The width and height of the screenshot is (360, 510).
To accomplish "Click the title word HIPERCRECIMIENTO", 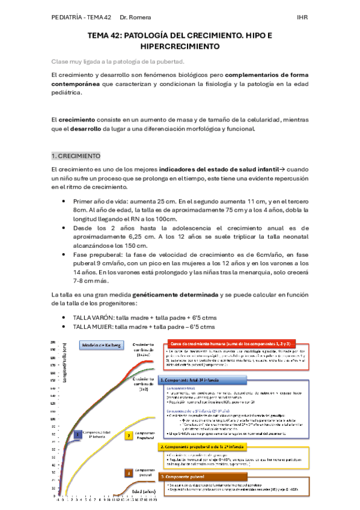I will click(x=180, y=46).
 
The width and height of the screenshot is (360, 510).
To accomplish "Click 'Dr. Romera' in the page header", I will click(x=135, y=17).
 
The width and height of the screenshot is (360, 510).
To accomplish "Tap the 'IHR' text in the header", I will click(x=301, y=17).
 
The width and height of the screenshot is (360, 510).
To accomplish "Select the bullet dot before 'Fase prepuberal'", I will click(x=64, y=254).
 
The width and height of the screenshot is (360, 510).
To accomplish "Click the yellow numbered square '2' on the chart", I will click(x=129, y=435).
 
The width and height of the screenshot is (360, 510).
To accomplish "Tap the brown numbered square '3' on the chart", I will click(x=129, y=474).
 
